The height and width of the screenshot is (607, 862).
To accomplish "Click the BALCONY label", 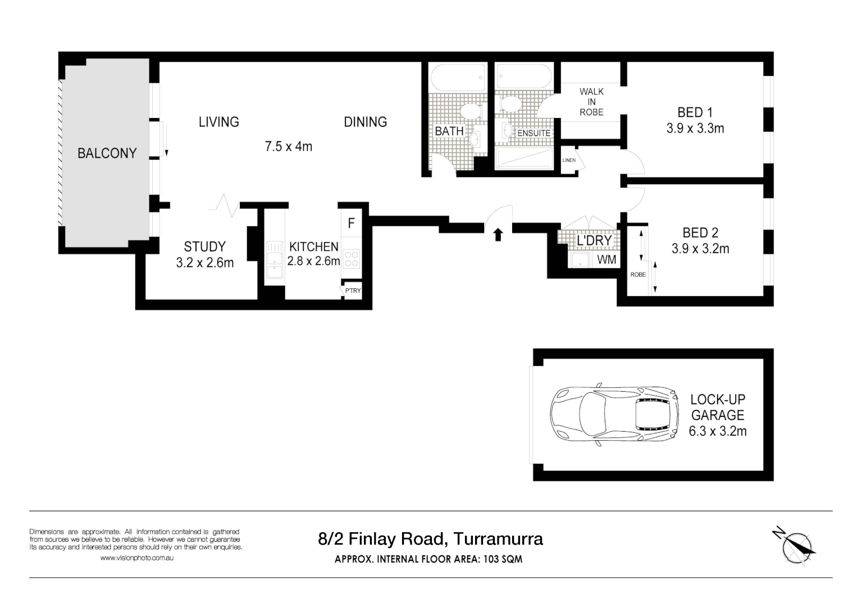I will (x=107, y=153).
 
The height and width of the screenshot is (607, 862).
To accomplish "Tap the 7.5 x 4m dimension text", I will (x=288, y=147).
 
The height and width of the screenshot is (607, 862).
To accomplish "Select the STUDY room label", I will (x=204, y=247).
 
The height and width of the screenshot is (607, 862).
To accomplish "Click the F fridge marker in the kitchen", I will (x=351, y=224).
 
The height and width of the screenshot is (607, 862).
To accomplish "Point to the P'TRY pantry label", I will (x=353, y=291).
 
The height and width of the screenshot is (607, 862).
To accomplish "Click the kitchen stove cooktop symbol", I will (x=352, y=259).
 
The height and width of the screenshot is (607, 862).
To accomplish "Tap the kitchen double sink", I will (x=275, y=259).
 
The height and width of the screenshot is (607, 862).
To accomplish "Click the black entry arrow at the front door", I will (x=498, y=234).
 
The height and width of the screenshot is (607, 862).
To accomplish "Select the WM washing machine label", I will (x=606, y=260).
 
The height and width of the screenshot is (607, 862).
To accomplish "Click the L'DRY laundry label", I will (x=594, y=241).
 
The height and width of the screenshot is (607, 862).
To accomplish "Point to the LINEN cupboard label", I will (x=569, y=160).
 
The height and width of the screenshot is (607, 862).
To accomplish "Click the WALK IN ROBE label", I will (x=591, y=102).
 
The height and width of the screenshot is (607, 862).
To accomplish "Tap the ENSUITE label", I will (x=533, y=133).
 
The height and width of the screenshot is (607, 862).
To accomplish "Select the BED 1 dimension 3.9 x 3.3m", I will (x=695, y=129).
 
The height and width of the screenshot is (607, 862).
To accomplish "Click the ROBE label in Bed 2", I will (x=638, y=275).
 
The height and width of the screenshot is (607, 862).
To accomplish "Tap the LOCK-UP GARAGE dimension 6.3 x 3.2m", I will (x=717, y=432).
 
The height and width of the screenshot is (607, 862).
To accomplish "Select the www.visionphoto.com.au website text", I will (x=136, y=558).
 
